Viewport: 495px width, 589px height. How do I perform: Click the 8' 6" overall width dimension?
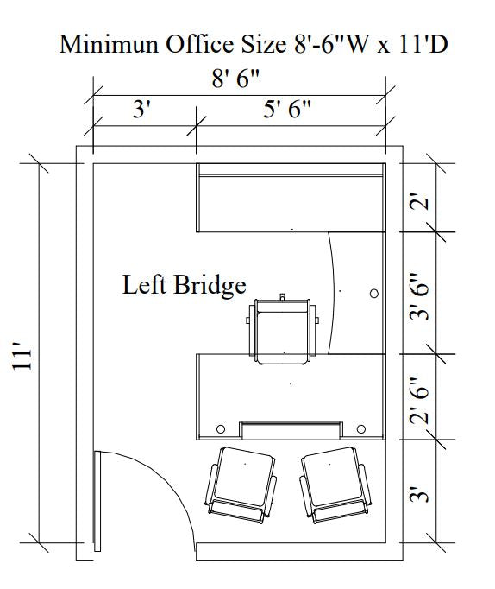tap(235, 79)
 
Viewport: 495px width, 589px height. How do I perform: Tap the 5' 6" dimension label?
tap(287, 110)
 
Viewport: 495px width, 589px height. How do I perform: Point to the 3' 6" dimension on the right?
tap(419, 296)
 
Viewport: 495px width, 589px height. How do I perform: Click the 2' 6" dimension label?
tap(419, 401)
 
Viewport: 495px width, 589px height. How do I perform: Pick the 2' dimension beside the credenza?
tap(419, 202)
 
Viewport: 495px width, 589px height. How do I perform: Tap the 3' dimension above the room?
tap(141, 110)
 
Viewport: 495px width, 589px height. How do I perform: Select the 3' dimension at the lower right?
tap(419, 494)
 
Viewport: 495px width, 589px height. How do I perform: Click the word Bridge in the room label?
tap(210, 286)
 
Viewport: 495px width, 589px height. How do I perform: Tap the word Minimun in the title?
tap(109, 44)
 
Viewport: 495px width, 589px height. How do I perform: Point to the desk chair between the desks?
tap(282, 329)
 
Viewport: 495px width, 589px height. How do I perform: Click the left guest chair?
tap(241, 484)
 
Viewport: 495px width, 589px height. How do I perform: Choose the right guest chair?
tap(335, 484)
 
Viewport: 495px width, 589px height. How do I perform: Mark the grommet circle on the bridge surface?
tap(374, 294)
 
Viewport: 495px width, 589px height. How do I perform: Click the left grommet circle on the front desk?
tap(221, 428)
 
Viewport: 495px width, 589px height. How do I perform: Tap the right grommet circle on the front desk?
tap(360, 428)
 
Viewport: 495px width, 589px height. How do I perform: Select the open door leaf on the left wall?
tap(97, 501)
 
